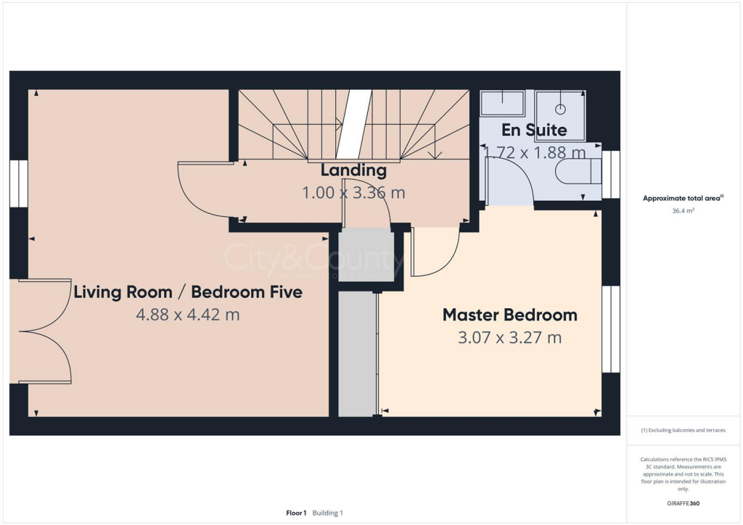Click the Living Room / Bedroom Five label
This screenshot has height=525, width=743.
tap(187, 292)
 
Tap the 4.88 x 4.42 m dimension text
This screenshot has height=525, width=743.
tap(187, 315)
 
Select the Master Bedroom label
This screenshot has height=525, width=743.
tap(509, 315)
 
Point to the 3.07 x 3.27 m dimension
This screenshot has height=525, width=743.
tap(509, 337)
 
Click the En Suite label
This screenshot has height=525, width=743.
tap(534, 131)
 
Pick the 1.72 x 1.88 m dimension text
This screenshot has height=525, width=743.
tap(534, 152)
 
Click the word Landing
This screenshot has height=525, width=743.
tap(353, 170)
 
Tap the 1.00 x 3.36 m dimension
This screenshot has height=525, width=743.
tap(353, 193)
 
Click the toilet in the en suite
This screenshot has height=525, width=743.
tap(578, 172)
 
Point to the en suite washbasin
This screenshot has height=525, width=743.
tap(502, 103)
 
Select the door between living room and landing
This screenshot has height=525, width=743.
tap(207, 190)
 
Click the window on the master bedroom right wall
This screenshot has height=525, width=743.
tap(611, 328)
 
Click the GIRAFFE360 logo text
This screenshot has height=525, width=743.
tap(684, 503)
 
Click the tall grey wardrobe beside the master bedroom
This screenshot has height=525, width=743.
tap(357, 354)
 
